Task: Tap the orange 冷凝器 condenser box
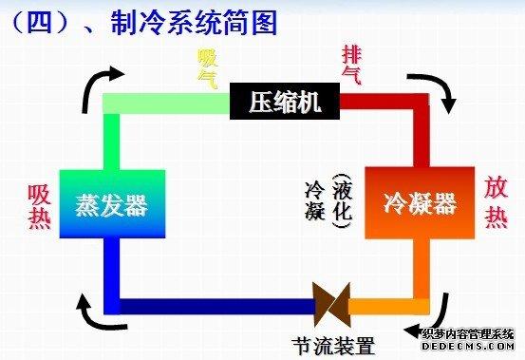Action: click(x=419, y=202)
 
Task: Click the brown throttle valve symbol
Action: click(x=333, y=306)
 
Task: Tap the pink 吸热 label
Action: click(x=39, y=203)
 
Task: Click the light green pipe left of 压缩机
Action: click(x=166, y=100)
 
